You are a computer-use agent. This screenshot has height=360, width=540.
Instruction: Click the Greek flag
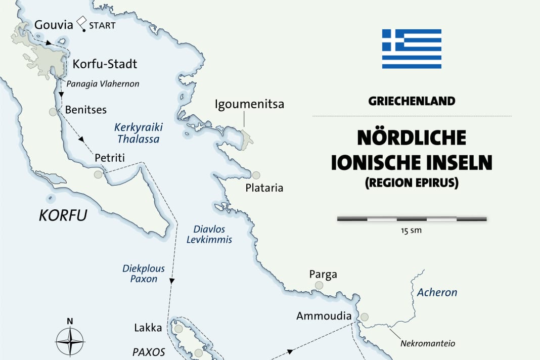[x=412, y=49]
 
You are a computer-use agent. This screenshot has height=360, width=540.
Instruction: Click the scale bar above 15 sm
[x=412, y=219]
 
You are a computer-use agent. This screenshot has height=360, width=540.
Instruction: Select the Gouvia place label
[x=54, y=24]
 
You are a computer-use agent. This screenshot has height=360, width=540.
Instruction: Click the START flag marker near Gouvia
[x=82, y=24]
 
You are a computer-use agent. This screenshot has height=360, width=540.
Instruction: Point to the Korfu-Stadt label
[x=105, y=65]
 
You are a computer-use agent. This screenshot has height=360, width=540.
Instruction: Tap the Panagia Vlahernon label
[x=103, y=84]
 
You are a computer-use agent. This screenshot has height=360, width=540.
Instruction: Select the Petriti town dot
[x=98, y=174]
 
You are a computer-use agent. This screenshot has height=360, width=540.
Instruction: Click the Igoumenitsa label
[x=249, y=105]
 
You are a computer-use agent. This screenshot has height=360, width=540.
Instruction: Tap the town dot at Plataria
[x=256, y=175]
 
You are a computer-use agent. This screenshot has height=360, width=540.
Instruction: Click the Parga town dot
[x=319, y=286]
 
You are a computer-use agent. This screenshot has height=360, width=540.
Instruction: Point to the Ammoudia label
[x=324, y=316]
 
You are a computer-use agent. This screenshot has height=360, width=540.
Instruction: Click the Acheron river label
[x=437, y=292]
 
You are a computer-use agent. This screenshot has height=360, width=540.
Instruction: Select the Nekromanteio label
[x=427, y=343]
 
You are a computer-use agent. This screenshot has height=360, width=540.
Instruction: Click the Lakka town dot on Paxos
[x=178, y=329]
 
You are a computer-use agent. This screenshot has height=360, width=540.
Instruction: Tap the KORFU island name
[x=63, y=216]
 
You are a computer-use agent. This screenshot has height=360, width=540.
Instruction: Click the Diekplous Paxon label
[x=140, y=274]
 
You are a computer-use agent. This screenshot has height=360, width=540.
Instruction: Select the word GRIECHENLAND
[x=412, y=101]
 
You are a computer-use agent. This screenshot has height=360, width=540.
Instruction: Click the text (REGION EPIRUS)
[x=412, y=183]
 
